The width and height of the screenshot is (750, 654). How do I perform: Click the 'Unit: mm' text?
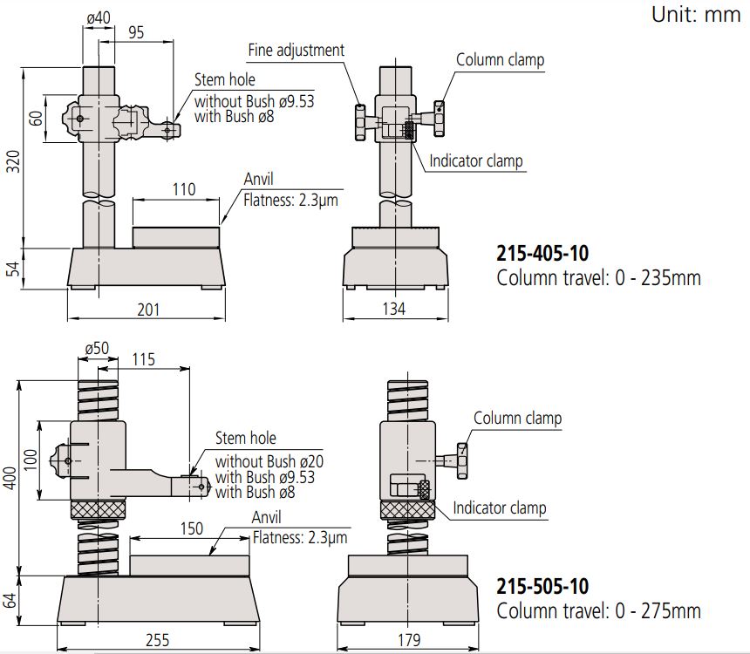(695, 15)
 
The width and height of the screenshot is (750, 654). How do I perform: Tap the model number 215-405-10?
(542, 254)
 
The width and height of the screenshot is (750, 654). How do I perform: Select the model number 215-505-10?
(542, 586)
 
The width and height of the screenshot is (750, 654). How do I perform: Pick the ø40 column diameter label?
(99, 17)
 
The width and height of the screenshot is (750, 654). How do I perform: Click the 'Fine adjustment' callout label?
(296, 50)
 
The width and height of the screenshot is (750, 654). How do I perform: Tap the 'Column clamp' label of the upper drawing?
(501, 59)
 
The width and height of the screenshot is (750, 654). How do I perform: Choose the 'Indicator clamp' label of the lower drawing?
(500, 508)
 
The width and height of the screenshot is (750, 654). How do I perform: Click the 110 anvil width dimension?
(184, 189)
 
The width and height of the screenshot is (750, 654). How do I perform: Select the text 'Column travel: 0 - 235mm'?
(598, 278)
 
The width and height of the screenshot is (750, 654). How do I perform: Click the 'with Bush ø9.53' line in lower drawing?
(265, 477)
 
